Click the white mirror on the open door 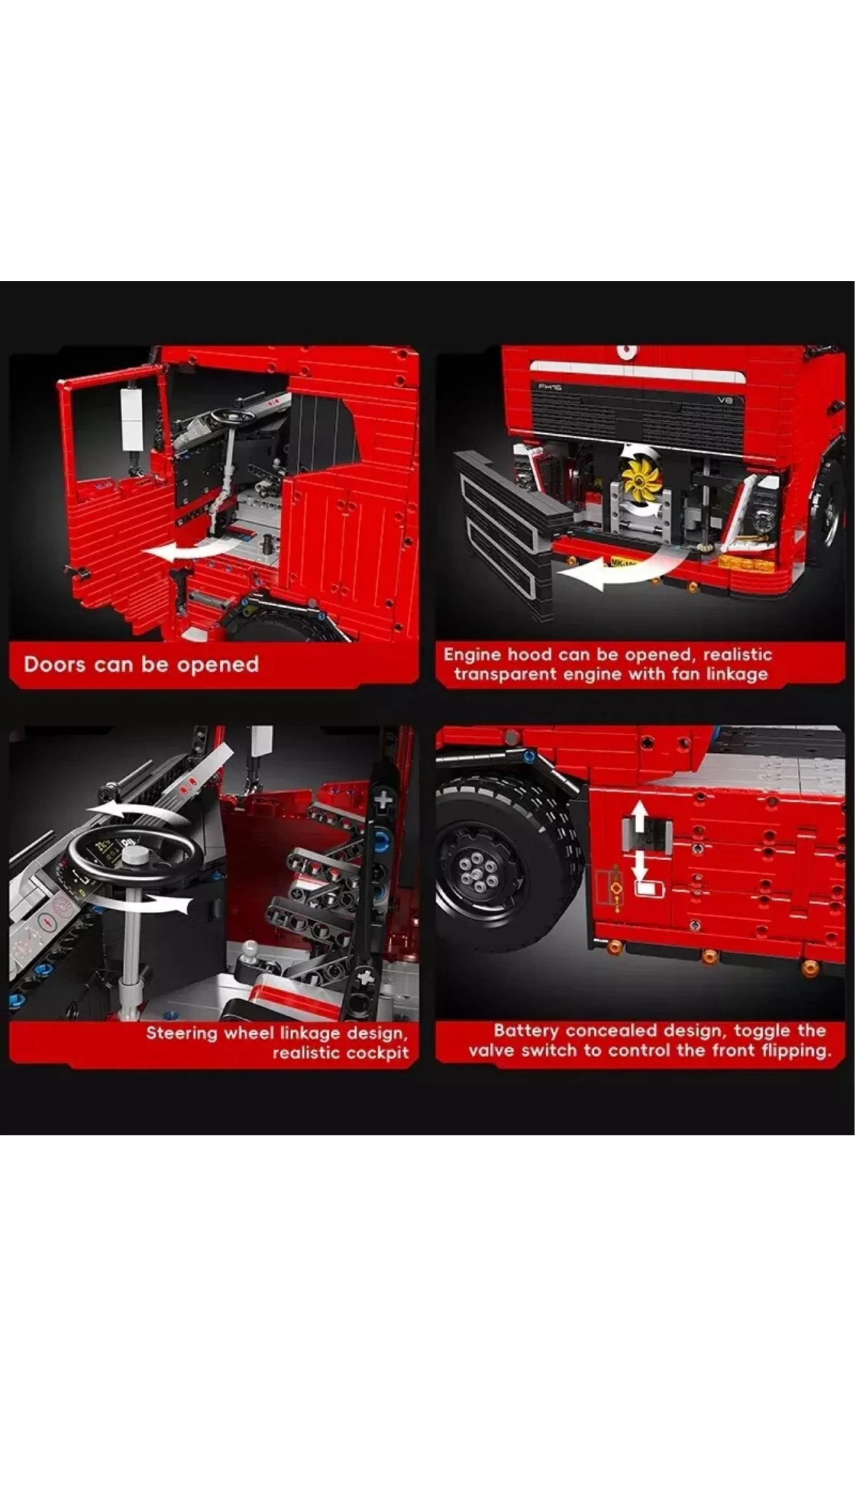click(x=132, y=418)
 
